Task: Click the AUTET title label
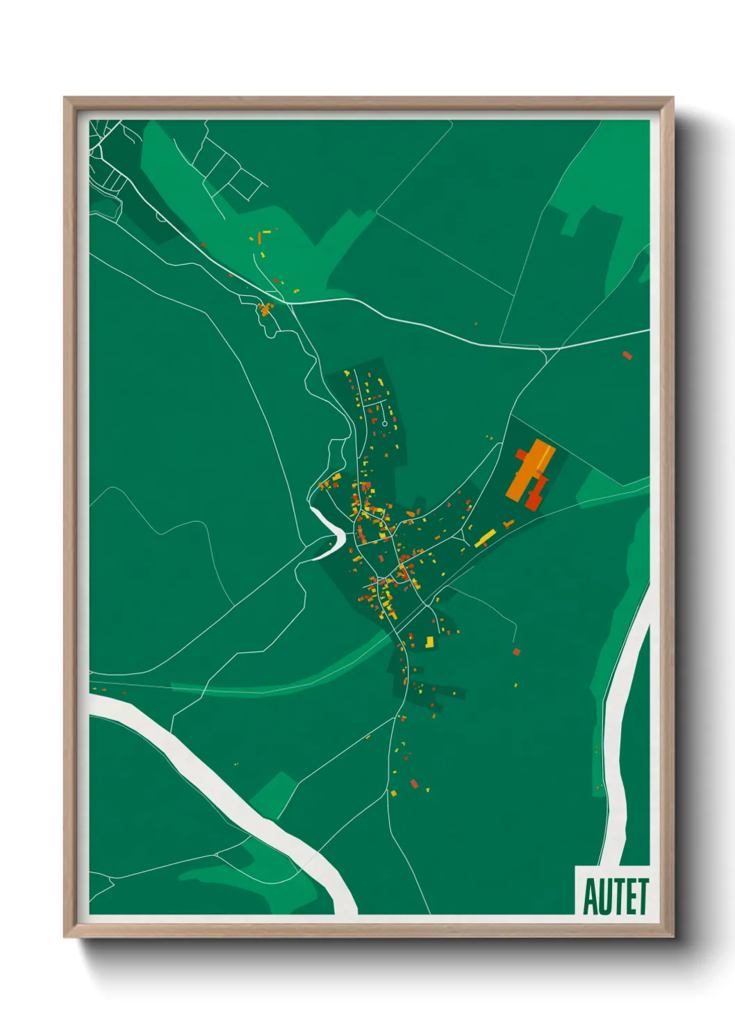click(x=615, y=896)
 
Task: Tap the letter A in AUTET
click(x=592, y=897)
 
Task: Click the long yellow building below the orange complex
click(x=486, y=537)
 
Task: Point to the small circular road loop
click(x=384, y=423)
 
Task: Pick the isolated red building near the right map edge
click(x=627, y=356)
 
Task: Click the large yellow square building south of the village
click(x=429, y=642)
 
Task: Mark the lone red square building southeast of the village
click(x=516, y=652)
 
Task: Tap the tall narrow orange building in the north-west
click(x=260, y=238)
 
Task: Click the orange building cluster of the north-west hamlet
click(x=264, y=309)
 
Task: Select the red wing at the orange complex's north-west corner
click(x=521, y=454)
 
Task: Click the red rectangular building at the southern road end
click(x=415, y=784)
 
